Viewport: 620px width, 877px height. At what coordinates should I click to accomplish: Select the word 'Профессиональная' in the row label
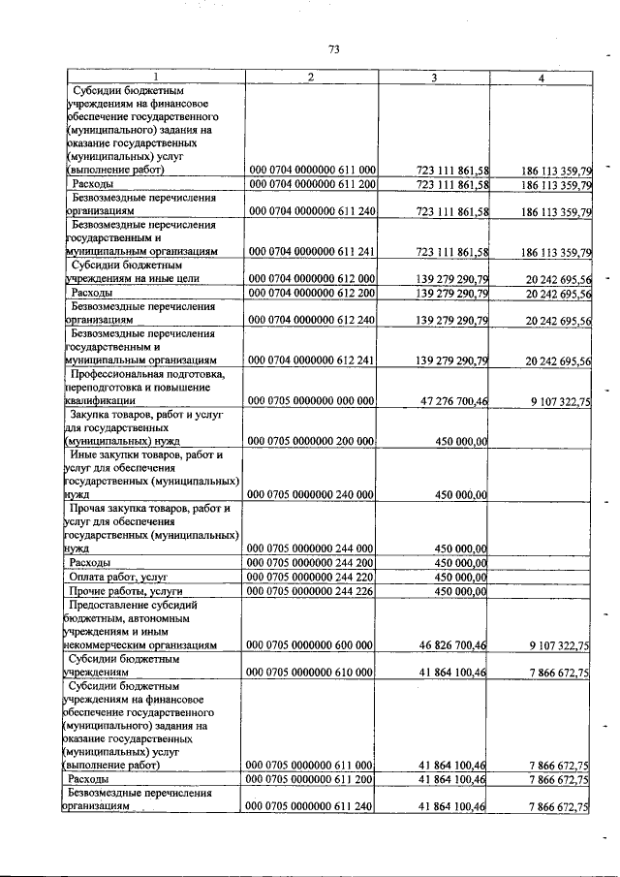click(x=126, y=373)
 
